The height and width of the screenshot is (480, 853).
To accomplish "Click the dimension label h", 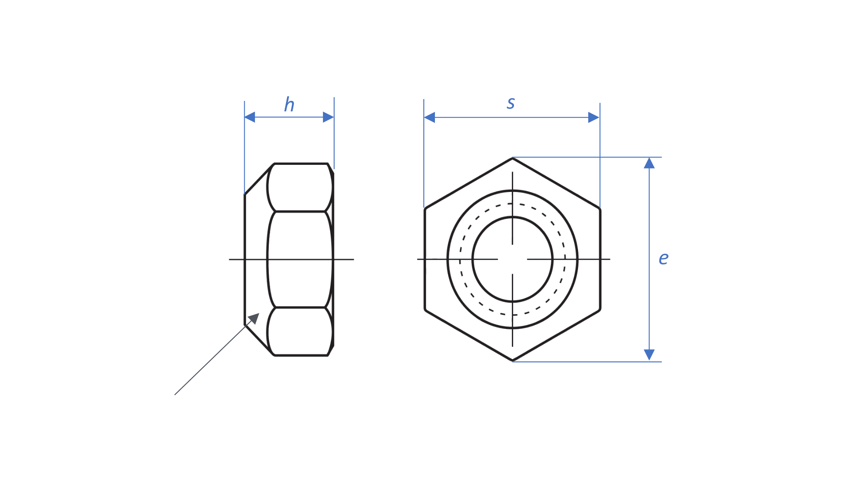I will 289,105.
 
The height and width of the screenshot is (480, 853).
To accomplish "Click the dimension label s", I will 511,103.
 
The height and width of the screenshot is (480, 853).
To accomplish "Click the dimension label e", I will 663,258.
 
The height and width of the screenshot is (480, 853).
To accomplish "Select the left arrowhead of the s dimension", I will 429,117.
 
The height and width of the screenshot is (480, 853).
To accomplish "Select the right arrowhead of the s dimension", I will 594,117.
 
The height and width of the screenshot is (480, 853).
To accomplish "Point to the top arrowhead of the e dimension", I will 649,163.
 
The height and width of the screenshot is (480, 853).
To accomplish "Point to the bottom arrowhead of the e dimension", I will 649,355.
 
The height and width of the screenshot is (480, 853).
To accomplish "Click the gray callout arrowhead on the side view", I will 254,318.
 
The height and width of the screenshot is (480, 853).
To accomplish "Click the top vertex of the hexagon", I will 513,158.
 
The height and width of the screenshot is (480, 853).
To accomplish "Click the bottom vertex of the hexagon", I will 513,360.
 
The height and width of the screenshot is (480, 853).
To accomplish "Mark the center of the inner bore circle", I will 513,259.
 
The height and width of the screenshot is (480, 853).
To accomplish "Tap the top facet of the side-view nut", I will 300,188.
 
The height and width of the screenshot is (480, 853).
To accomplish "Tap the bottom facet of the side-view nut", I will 300,332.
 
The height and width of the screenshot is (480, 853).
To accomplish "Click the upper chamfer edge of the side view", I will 259,179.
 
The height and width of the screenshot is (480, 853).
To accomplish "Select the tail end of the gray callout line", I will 175,394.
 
